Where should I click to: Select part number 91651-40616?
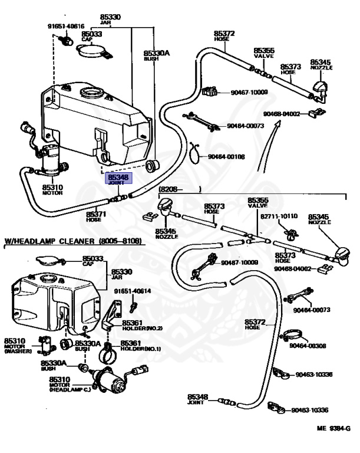point(66,26)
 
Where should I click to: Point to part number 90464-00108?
point(226,157)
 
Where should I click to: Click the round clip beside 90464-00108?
point(197,153)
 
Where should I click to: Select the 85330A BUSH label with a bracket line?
point(156,55)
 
